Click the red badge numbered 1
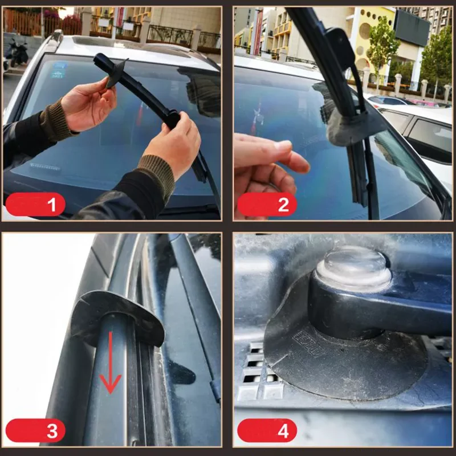coord(35,204)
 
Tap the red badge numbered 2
coord(267,204)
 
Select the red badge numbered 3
coord(35,430)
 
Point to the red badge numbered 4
coord(267,430)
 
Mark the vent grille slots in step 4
coord(254,370)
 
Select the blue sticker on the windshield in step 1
coord(58,70)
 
